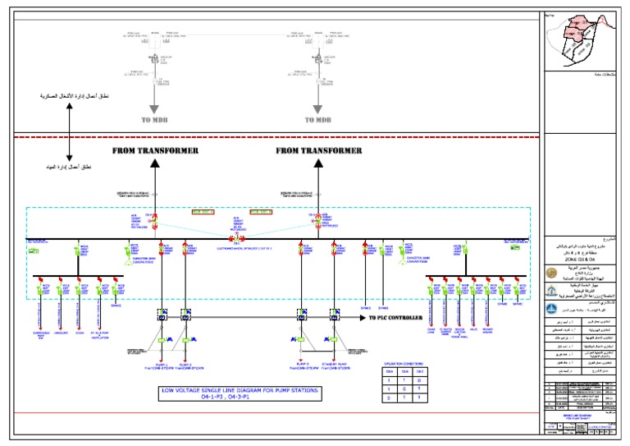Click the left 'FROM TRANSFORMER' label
click(x=155, y=151)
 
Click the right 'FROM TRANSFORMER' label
click(x=319, y=151)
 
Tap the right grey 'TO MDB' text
click(x=318, y=119)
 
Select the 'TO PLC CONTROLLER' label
click(x=395, y=317)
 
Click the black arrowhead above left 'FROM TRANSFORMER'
click(x=155, y=163)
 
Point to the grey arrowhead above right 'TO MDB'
click(x=318, y=108)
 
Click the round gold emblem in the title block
click(x=551, y=272)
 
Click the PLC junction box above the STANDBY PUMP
click(x=335, y=314)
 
